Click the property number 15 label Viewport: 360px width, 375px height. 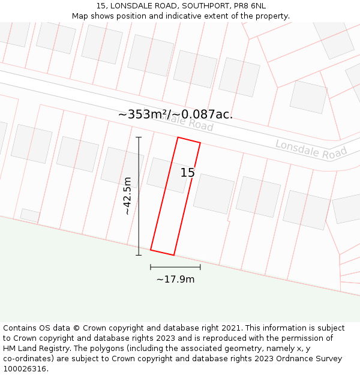188,173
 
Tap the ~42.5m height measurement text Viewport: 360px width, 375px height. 127,196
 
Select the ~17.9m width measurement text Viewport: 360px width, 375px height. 175,279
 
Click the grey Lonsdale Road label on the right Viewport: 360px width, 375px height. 311,149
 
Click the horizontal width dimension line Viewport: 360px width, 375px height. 175,267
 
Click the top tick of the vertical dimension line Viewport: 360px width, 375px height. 139,137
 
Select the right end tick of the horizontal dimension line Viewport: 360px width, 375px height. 200,267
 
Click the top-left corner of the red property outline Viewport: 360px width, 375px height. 178,137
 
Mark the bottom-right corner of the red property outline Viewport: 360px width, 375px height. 173,255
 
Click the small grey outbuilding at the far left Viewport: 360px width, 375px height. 30,215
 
